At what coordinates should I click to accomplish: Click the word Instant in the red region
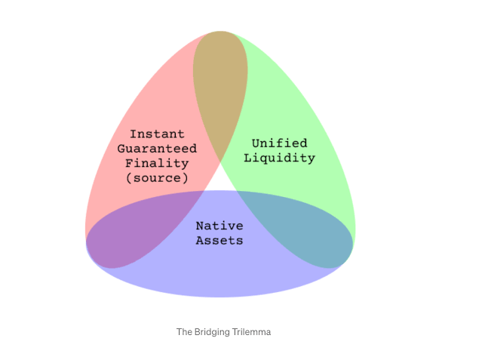click(157, 134)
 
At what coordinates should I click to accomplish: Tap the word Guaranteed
click(157, 149)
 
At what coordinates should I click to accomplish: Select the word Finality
click(157, 164)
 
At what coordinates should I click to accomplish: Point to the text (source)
click(157, 178)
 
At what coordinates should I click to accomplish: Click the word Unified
click(280, 143)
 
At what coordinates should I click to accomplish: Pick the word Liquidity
click(280, 158)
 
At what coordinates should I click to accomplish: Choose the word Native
click(219, 226)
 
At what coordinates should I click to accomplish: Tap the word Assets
click(219, 241)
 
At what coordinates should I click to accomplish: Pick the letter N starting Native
click(200, 226)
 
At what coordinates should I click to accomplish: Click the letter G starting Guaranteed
click(121, 149)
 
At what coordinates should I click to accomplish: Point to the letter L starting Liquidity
click(247, 158)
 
